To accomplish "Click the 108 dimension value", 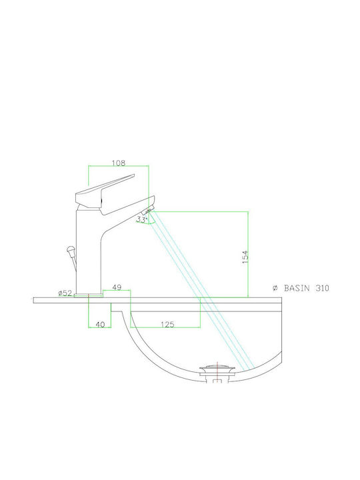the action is [119, 163].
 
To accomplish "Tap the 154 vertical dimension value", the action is [245, 257].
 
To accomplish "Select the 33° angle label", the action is [142, 219].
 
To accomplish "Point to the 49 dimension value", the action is [117, 287].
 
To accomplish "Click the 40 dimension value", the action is [100, 324].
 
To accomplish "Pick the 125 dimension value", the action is [167, 324].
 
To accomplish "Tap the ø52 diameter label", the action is [65, 293].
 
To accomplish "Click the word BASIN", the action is [297, 288].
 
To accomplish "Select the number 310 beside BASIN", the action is [322, 288].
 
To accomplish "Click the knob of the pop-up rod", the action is [71, 251].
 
